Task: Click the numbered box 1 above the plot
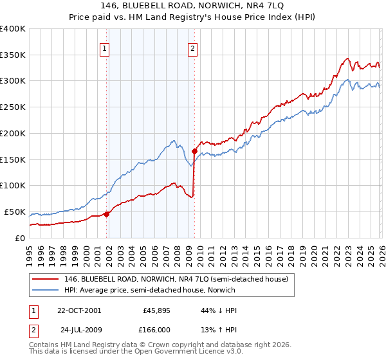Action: pos(104,46)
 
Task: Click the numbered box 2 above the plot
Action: pos(192,46)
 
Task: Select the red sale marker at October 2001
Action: pos(107,215)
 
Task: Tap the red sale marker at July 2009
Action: pos(194,152)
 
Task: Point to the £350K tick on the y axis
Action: pos(13,55)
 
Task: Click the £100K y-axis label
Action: pos(13,186)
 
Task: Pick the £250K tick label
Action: pos(13,107)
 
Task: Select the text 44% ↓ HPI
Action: pos(219,310)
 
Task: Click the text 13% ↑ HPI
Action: pos(219,328)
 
